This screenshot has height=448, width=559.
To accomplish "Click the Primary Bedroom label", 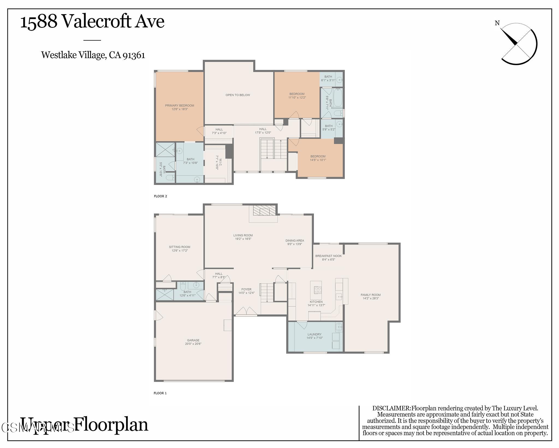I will coord(179,106).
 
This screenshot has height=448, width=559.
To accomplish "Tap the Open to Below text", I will coord(238,95).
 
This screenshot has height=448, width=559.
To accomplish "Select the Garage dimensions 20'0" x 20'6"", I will coord(193,344).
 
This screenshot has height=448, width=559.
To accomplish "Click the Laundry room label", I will coord(314,334).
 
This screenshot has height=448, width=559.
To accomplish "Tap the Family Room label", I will coord(370,295).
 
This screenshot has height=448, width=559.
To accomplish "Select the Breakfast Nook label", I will coord(328,256).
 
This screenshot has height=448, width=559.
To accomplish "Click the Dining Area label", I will coord(295,240).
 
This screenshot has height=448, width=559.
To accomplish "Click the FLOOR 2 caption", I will coord(160,196).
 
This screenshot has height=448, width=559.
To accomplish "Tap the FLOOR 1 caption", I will coord(160,393).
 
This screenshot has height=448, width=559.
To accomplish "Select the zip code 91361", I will coord(134,55).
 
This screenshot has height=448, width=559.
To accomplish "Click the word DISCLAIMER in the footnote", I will coord(391,408).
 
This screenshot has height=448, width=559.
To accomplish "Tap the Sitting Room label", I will coord(179,247).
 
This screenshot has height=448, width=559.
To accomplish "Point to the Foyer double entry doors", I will coord(246,311).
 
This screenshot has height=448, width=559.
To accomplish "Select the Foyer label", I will coord(246,289).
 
